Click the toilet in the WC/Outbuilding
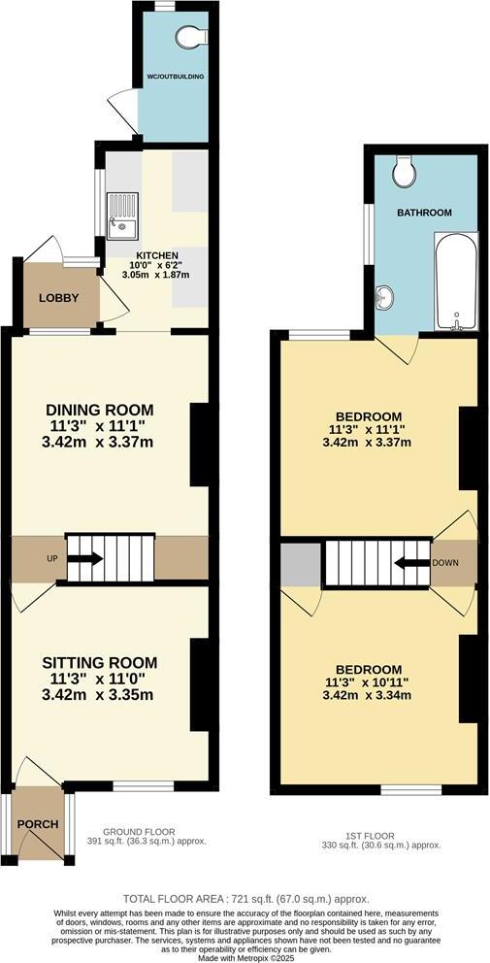(193, 36)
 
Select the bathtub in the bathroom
(454, 282)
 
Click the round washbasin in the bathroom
(385, 298)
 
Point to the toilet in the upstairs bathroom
(405, 174)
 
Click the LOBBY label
(57, 297)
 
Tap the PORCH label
(37, 824)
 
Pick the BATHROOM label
(424, 213)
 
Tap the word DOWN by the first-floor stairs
(445, 562)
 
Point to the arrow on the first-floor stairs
(410, 562)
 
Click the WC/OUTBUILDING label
(175, 75)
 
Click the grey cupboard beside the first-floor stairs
(300, 564)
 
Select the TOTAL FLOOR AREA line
(245, 899)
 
